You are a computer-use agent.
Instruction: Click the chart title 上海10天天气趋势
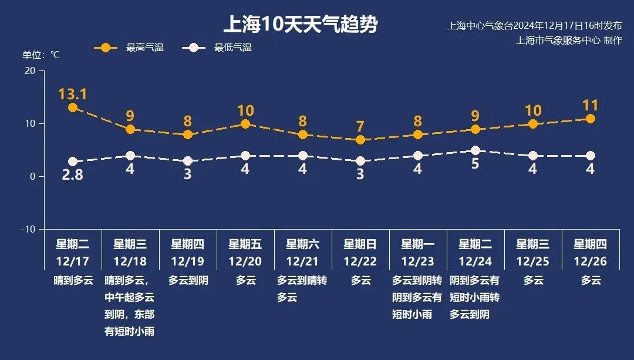pyautogui.click(x=300, y=25)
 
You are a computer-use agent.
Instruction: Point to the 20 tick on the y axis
pyautogui.click(x=29, y=71)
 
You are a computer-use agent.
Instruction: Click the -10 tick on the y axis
pyautogui.click(x=28, y=229)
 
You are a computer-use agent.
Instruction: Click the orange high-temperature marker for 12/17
pyautogui.click(x=72, y=107)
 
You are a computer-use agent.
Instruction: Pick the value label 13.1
pyautogui.click(x=72, y=94)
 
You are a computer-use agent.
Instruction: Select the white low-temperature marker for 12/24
pyautogui.click(x=475, y=150)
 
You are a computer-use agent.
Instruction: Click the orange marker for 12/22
pyautogui.click(x=360, y=140)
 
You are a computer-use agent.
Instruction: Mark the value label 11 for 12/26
pyautogui.click(x=590, y=106)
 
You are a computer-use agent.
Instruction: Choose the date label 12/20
pyautogui.click(x=245, y=261)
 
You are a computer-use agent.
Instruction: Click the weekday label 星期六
pyautogui.click(x=302, y=244)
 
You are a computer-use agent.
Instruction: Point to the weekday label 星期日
pyautogui.click(x=360, y=244)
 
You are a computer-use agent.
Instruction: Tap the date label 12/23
pyautogui.click(x=417, y=261)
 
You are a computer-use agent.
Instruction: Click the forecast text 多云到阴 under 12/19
pyautogui.click(x=188, y=281)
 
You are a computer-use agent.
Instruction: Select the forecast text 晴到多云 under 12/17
pyautogui.click(x=73, y=281)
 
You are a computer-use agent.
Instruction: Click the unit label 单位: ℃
pyautogui.click(x=41, y=55)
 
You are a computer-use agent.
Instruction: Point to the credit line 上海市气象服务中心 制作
pyautogui.click(x=569, y=40)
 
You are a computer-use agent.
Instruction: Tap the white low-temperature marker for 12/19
pyautogui.click(x=187, y=161)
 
